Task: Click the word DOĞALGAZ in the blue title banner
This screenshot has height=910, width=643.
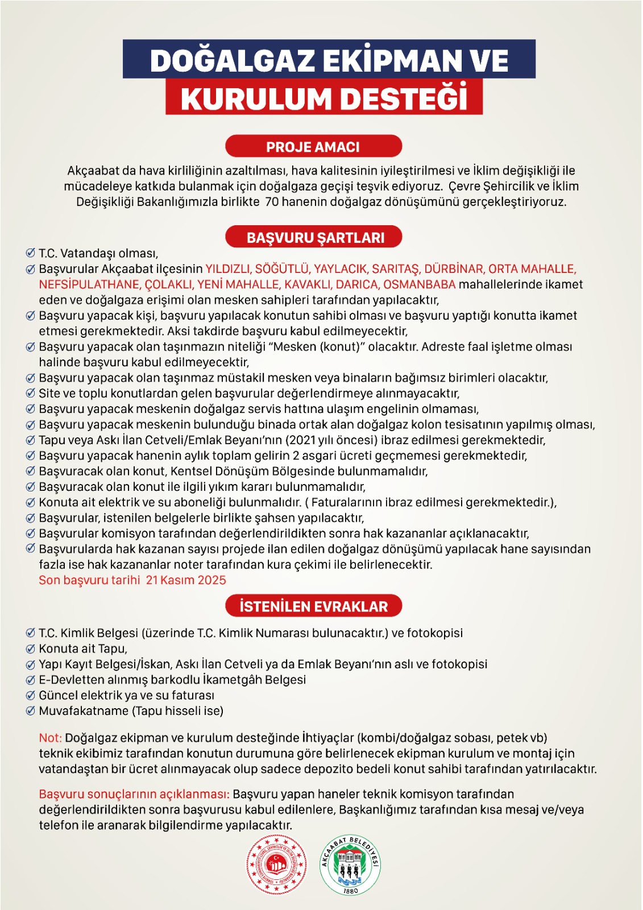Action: [232, 61]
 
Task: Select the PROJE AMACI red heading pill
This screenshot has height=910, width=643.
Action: [313, 147]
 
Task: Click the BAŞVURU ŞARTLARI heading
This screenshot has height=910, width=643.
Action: [314, 238]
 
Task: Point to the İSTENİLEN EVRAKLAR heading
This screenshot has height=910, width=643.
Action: [313, 606]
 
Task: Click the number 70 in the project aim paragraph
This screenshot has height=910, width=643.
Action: [272, 202]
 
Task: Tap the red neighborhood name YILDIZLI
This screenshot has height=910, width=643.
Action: [227, 269]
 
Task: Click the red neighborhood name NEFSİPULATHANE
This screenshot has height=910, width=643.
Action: [89, 284]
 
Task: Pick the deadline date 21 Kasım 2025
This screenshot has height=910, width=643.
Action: [186, 580]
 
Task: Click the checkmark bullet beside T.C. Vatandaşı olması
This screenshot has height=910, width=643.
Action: [31, 253]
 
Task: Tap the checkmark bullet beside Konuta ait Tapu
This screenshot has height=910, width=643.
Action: [31, 649]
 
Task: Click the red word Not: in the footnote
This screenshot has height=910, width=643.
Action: [50, 738]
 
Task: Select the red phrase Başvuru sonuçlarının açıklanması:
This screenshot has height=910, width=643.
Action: [134, 795]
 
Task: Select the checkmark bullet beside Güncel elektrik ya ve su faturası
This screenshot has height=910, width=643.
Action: [31, 696]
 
